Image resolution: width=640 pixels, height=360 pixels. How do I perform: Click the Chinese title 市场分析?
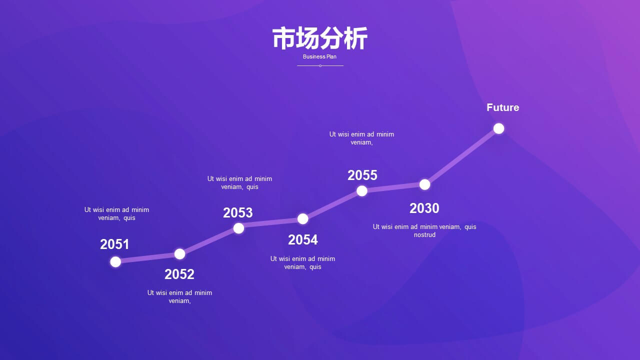pos(319,38)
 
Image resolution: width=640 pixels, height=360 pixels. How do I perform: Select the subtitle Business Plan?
pos(319,56)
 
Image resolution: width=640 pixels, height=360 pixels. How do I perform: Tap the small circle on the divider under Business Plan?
pos(320,65)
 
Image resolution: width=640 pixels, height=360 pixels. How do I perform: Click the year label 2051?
pos(114,244)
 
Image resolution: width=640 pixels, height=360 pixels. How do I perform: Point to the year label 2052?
pos(179,274)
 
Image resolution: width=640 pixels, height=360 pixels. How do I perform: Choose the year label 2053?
pos(238,212)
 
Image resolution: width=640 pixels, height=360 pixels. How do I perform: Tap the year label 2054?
pos(303,239)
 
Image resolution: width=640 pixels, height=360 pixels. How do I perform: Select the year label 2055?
pos(362,175)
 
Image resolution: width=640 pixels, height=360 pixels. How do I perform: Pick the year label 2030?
pos(424,208)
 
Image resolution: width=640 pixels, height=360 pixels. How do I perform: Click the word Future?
pos(503,107)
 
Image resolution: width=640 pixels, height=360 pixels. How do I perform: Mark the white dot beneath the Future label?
pos(499,128)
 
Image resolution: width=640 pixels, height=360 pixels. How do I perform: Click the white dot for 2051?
pos(115,261)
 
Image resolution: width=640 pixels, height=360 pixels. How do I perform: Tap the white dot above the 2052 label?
pos(179,254)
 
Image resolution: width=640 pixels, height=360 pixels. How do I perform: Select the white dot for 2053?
pos(238,228)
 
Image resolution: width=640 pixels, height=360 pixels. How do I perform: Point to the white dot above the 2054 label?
pos(303,219)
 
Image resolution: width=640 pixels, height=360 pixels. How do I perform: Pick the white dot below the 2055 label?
pos(361,191)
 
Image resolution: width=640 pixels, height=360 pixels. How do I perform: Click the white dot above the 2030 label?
pos(425,184)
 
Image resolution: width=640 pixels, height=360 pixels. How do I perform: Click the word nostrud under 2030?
pos(424,235)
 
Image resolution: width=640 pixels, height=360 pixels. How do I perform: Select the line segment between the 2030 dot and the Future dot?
pos(461,156)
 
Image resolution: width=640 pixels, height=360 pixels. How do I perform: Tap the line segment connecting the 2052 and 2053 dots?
pos(209,241)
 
